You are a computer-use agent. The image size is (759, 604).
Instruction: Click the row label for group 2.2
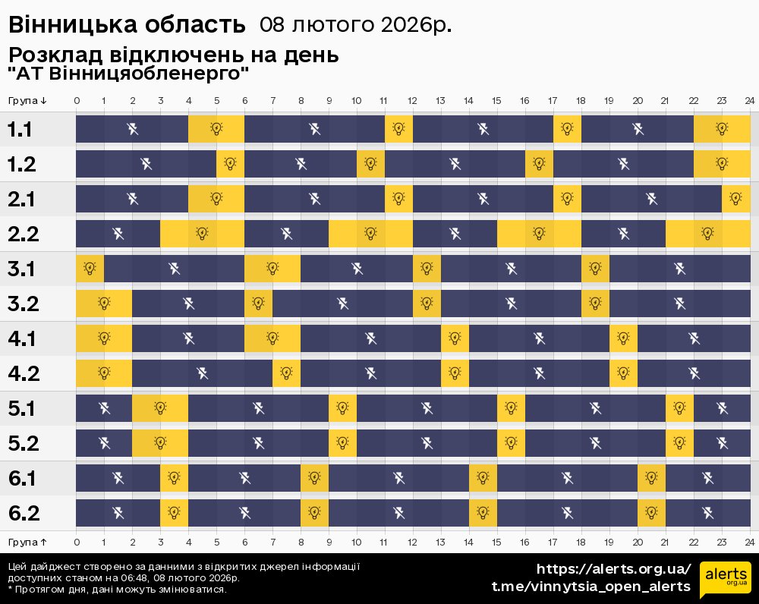pyautogui.click(x=23, y=234)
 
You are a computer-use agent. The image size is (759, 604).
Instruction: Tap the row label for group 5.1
pyautogui.click(x=23, y=409)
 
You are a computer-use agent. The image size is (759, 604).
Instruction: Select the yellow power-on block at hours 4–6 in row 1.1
pyautogui.click(x=216, y=129)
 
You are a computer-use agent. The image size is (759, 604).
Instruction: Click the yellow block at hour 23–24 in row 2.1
pyautogui.click(x=735, y=199)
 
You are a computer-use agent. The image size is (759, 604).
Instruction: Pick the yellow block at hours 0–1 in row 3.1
pyautogui.click(x=90, y=269)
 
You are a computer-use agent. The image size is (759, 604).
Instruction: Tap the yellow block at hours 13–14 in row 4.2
pyautogui.click(x=455, y=373)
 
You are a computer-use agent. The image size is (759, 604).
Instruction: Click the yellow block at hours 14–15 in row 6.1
pyautogui.click(x=483, y=478)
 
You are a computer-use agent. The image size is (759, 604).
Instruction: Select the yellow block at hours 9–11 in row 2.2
pyautogui.click(x=370, y=234)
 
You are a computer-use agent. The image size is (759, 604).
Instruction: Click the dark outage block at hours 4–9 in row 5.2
pyautogui.click(x=258, y=443)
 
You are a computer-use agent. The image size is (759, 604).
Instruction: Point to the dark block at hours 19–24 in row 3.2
pyautogui.click(x=679, y=304)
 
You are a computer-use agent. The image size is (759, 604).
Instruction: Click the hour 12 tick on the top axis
pyautogui.click(x=412, y=101)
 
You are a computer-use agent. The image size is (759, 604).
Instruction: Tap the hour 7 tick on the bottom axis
pyautogui.click(x=272, y=542)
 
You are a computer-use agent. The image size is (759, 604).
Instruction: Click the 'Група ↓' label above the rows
pyautogui.click(x=28, y=101)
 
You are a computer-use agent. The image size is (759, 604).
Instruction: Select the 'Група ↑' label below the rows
pyautogui.click(x=28, y=542)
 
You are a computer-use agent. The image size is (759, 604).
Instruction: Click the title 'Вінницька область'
pyautogui.click(x=127, y=25)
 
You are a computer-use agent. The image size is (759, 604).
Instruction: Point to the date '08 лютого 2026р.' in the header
pyautogui.click(x=355, y=25)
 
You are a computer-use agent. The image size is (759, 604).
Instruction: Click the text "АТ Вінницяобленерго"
pyautogui.click(x=129, y=74)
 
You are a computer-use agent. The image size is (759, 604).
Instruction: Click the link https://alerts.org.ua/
pyautogui.click(x=613, y=569)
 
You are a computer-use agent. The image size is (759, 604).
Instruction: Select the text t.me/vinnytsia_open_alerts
pyautogui.click(x=591, y=587)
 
